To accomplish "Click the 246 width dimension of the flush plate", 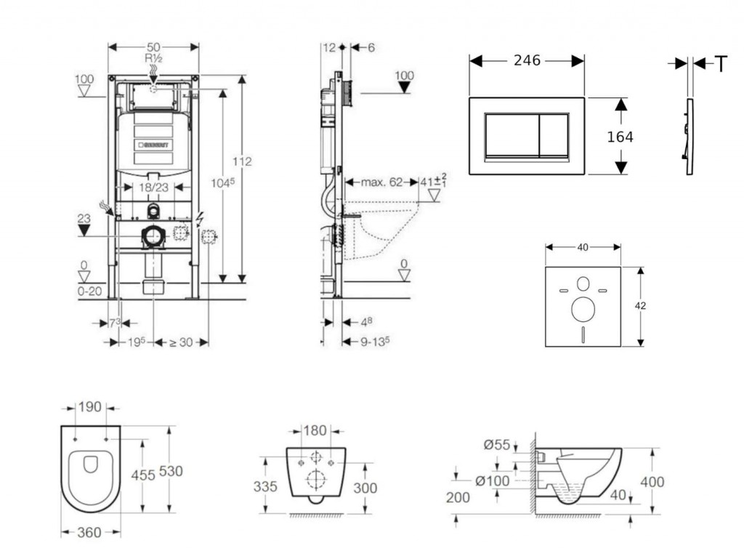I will click(527, 61).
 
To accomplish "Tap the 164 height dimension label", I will click(620, 137).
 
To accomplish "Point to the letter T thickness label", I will click(720, 65).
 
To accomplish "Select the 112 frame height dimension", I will click(243, 161).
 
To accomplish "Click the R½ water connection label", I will click(153, 57).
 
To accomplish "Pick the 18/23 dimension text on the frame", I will click(153, 188).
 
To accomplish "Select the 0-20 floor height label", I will click(91, 291).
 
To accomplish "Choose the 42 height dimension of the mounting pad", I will click(640, 306).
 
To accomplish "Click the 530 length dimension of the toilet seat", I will click(171, 471).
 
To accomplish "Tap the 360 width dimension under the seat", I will click(89, 533).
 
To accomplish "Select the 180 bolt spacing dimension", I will click(315, 431).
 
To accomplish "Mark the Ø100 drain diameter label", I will click(493, 480).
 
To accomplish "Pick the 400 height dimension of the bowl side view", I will click(653, 481).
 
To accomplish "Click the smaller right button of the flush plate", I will click(553, 136).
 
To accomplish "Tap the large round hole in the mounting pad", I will click(583, 310).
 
